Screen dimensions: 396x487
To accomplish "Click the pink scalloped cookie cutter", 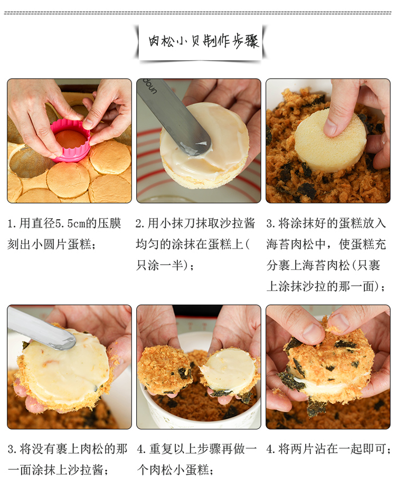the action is (71, 142).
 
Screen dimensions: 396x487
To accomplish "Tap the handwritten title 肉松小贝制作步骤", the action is (203, 41).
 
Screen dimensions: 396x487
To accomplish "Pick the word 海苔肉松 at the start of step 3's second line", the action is (290, 245).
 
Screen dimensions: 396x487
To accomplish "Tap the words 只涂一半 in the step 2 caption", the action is (159, 266).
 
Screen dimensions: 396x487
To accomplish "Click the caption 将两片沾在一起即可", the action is (332, 449).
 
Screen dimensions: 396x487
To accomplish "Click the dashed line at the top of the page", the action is (198, 13).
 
